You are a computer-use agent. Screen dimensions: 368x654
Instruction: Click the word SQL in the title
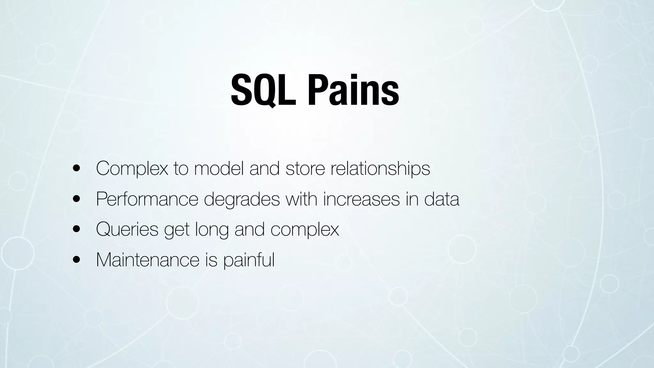263,90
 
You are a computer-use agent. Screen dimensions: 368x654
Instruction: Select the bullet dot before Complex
76,169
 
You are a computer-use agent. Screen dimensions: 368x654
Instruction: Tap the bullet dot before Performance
76,199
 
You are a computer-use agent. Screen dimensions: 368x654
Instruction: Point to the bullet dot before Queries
76,229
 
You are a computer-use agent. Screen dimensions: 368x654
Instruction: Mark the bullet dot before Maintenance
76,260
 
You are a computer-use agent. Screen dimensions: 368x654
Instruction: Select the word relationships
380,169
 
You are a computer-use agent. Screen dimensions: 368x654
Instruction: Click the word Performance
147,199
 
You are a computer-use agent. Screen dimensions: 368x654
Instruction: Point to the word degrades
242,200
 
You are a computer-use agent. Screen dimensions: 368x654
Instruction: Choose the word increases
361,199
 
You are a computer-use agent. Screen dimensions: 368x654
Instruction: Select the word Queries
127,230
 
